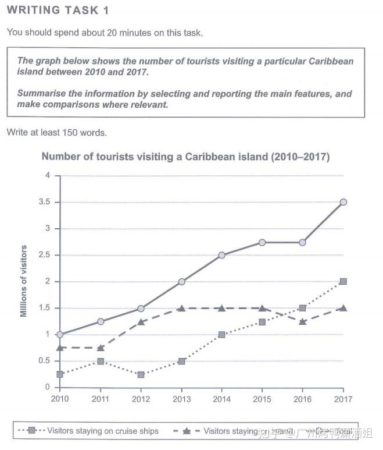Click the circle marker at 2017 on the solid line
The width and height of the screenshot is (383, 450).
(x=343, y=202)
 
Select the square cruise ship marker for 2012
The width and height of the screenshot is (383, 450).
(x=141, y=374)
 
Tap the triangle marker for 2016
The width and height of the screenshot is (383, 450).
(x=303, y=321)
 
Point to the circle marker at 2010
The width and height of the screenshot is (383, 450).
(x=60, y=335)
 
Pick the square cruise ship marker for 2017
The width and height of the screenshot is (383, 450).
(x=343, y=281)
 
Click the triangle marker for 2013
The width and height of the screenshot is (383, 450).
(x=182, y=308)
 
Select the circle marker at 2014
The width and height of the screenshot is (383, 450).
(x=222, y=255)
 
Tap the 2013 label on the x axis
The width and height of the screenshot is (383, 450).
(x=182, y=400)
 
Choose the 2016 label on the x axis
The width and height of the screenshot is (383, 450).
(x=303, y=400)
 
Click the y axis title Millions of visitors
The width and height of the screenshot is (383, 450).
(x=24, y=281)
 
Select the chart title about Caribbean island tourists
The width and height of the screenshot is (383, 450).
(x=185, y=157)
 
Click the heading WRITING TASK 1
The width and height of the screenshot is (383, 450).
(x=58, y=10)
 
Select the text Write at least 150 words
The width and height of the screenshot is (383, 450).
(x=56, y=133)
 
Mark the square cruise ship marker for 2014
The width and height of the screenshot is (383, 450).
(x=222, y=335)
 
